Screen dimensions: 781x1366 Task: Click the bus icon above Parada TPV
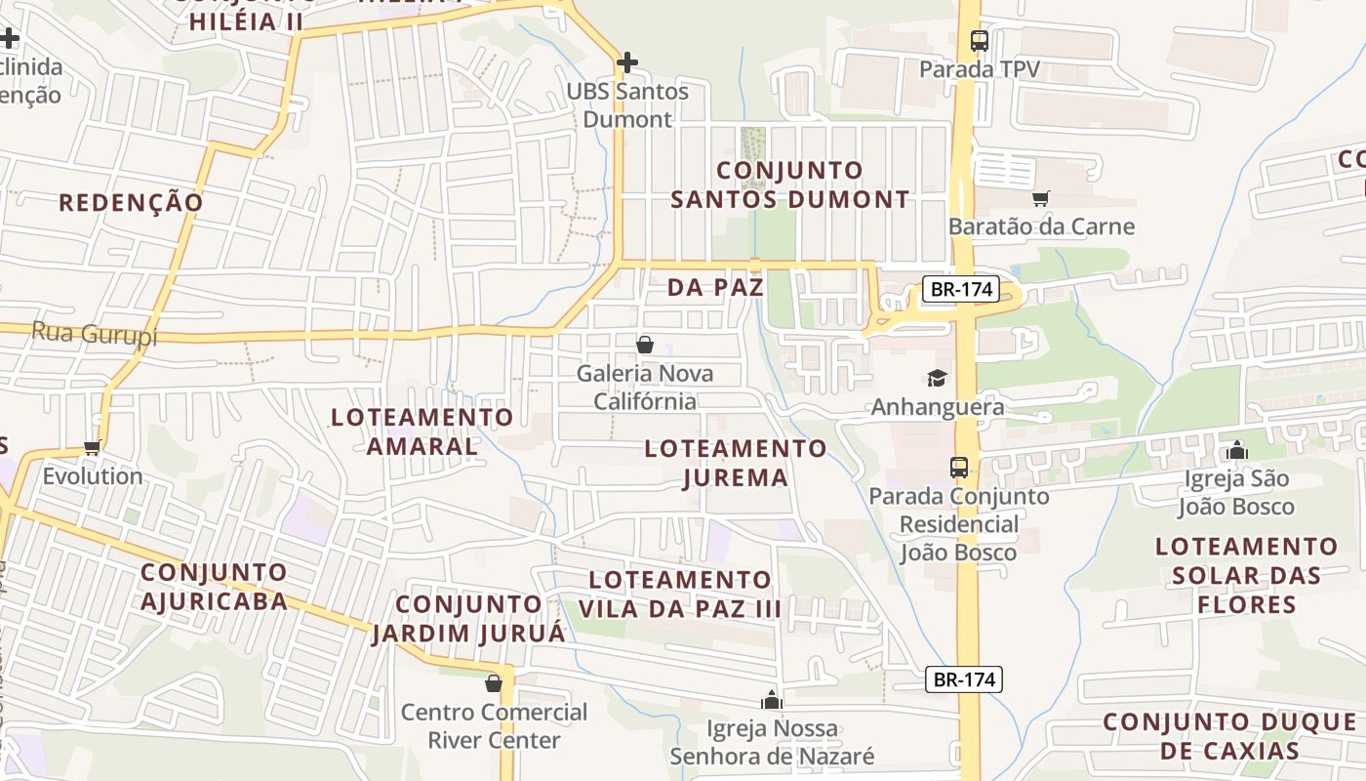click(980, 41)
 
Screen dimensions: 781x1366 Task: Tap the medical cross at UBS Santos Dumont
click(627, 63)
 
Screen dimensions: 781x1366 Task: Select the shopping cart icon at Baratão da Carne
click(1041, 198)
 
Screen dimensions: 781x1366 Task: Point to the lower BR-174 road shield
click(964, 679)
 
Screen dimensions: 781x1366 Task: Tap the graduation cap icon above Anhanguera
click(937, 378)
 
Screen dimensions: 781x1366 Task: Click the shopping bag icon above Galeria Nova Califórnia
click(644, 345)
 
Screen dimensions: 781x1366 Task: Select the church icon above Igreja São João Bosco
click(1237, 450)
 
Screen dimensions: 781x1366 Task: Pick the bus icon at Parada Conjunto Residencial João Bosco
click(959, 467)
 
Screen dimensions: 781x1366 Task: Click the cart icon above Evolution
click(93, 447)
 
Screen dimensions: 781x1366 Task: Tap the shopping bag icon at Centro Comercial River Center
click(494, 682)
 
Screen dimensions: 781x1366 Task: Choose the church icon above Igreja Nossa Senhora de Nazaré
click(772, 700)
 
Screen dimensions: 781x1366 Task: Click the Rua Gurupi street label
click(94, 333)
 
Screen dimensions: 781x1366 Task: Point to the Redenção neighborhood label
click(131, 202)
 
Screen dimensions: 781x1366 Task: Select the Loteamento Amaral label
click(422, 431)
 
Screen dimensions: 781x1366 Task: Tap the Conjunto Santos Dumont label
click(790, 185)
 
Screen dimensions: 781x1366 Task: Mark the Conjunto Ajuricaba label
click(214, 586)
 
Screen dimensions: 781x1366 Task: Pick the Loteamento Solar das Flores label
click(1246, 575)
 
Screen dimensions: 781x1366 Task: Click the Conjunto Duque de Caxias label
click(1229, 736)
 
